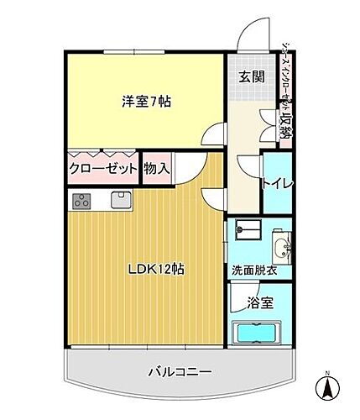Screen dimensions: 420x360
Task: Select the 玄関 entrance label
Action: pyautogui.click(x=246, y=78)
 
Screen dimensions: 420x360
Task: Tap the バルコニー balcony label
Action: pyautogui.click(x=180, y=371)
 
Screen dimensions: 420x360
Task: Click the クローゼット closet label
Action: pyautogui.click(x=103, y=169)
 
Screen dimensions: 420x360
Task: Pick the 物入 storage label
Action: pyautogui.click(x=157, y=169)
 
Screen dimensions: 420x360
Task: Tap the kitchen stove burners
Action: pyautogui.click(x=83, y=200)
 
